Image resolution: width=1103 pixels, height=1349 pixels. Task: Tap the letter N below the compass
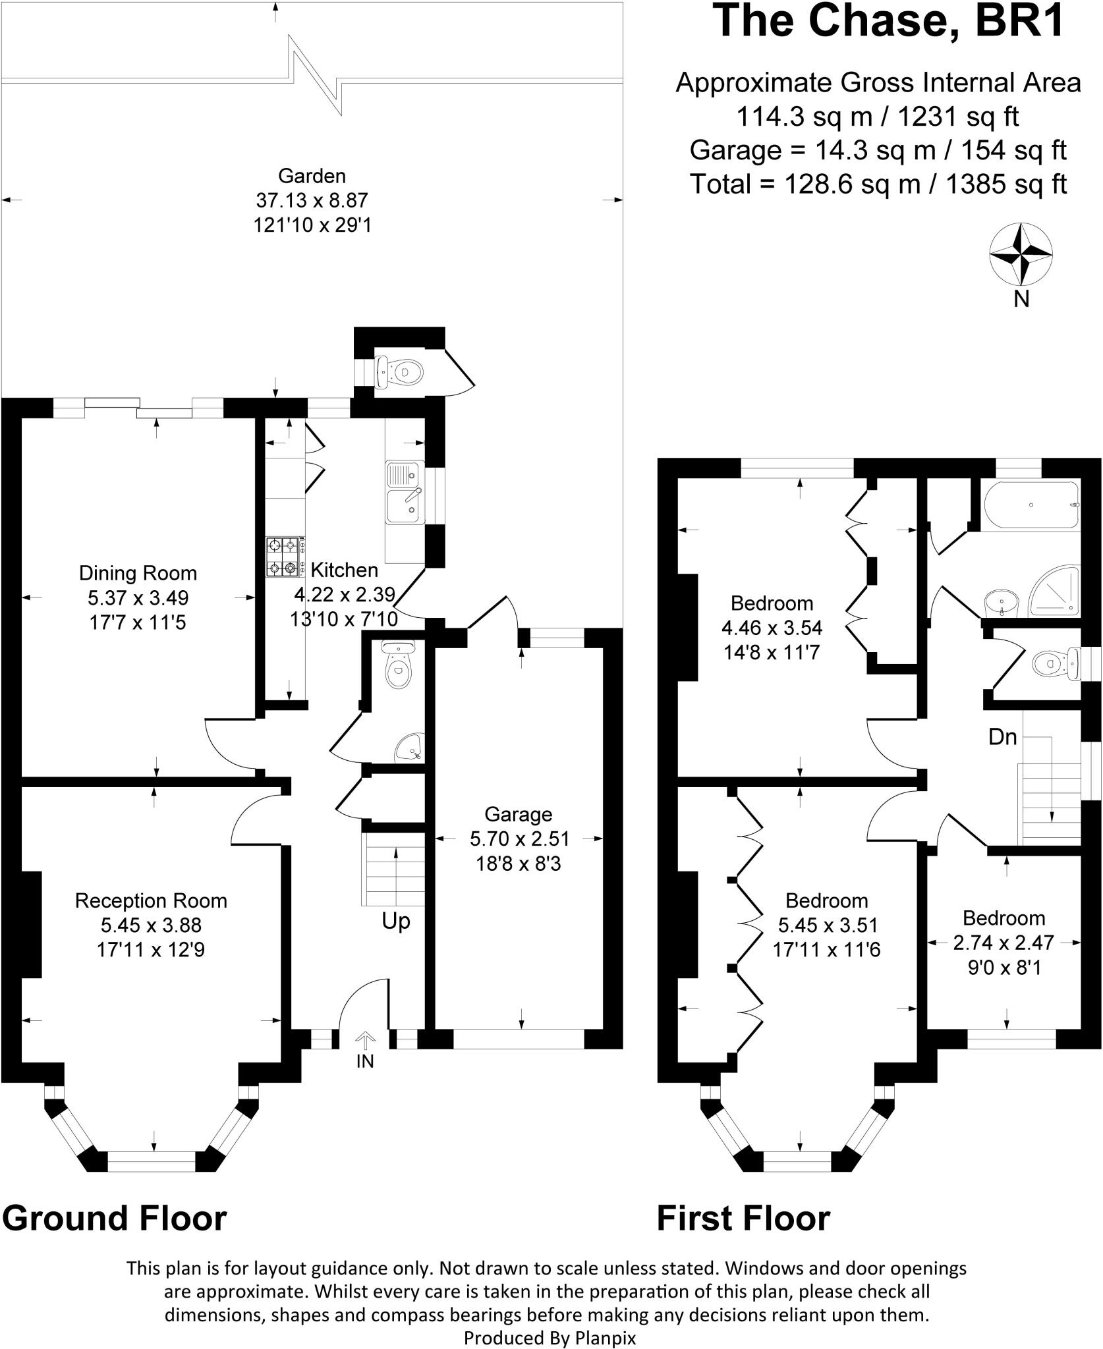(1021, 300)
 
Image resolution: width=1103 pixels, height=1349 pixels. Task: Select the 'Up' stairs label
(396, 921)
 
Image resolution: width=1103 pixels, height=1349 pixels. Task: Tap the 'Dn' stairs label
(1003, 737)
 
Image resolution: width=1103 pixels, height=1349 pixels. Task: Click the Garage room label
(518, 815)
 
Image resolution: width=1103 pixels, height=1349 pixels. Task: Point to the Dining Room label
(138, 573)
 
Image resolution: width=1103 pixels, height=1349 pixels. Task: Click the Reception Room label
(151, 900)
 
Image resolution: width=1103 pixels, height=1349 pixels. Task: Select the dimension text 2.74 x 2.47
(1004, 943)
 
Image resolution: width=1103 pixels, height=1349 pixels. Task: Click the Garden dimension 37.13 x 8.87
(312, 200)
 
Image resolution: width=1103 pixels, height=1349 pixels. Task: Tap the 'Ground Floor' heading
(115, 1218)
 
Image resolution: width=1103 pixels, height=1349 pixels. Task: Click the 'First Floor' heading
(743, 1218)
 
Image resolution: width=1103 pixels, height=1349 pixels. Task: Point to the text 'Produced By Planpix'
(550, 1338)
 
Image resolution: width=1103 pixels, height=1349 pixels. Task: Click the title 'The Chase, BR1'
(890, 21)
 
